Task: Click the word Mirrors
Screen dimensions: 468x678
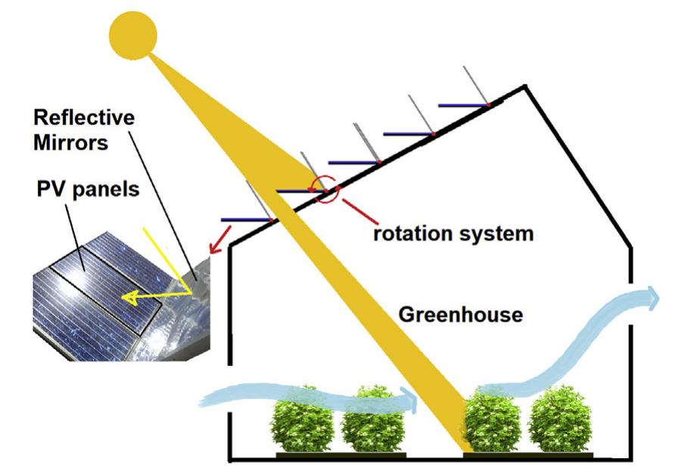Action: point(70,143)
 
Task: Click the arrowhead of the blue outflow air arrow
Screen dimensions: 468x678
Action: point(650,296)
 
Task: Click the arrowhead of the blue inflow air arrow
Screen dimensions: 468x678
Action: point(409,395)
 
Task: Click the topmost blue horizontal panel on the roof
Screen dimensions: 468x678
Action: point(463,105)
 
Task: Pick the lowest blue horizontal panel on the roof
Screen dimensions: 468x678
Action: point(245,220)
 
